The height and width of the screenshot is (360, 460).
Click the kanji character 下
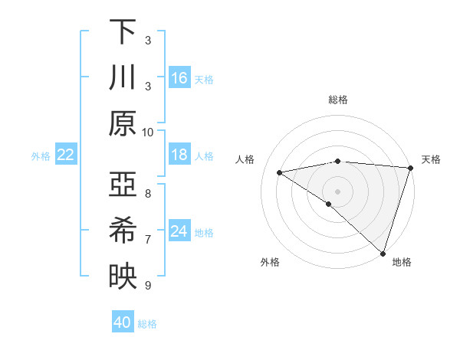122,31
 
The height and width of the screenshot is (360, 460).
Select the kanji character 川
122,77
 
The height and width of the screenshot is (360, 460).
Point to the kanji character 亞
122,186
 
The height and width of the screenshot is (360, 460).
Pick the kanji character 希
122,231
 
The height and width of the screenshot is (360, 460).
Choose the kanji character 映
122,277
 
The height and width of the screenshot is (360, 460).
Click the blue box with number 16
179,77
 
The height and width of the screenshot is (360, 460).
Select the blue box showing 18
179,155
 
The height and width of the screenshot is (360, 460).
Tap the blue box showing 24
179,231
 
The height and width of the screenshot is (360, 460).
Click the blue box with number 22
65,155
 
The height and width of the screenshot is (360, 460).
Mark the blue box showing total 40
123,322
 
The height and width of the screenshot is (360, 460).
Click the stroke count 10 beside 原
148,131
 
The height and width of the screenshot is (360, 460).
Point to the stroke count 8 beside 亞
148,194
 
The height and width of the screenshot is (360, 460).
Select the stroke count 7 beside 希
148,240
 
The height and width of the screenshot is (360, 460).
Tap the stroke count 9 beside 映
148,286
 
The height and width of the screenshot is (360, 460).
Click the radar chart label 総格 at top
337,100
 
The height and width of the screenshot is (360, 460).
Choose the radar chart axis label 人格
247,159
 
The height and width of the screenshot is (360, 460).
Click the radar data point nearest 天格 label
411,168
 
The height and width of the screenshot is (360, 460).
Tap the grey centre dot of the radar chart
337,190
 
